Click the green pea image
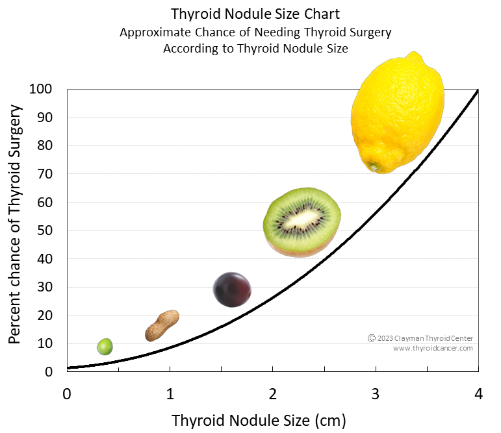coord(105,347)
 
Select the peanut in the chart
coord(162,326)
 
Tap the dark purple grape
coord(233,290)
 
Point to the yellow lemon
coord(398,114)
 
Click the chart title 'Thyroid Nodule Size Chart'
coord(255,14)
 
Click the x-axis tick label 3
coord(376,394)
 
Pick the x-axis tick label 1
coord(170,394)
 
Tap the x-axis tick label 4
coord(478,394)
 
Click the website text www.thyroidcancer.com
coord(433,349)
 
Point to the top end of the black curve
coord(478,91)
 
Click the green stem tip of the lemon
coord(374,167)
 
